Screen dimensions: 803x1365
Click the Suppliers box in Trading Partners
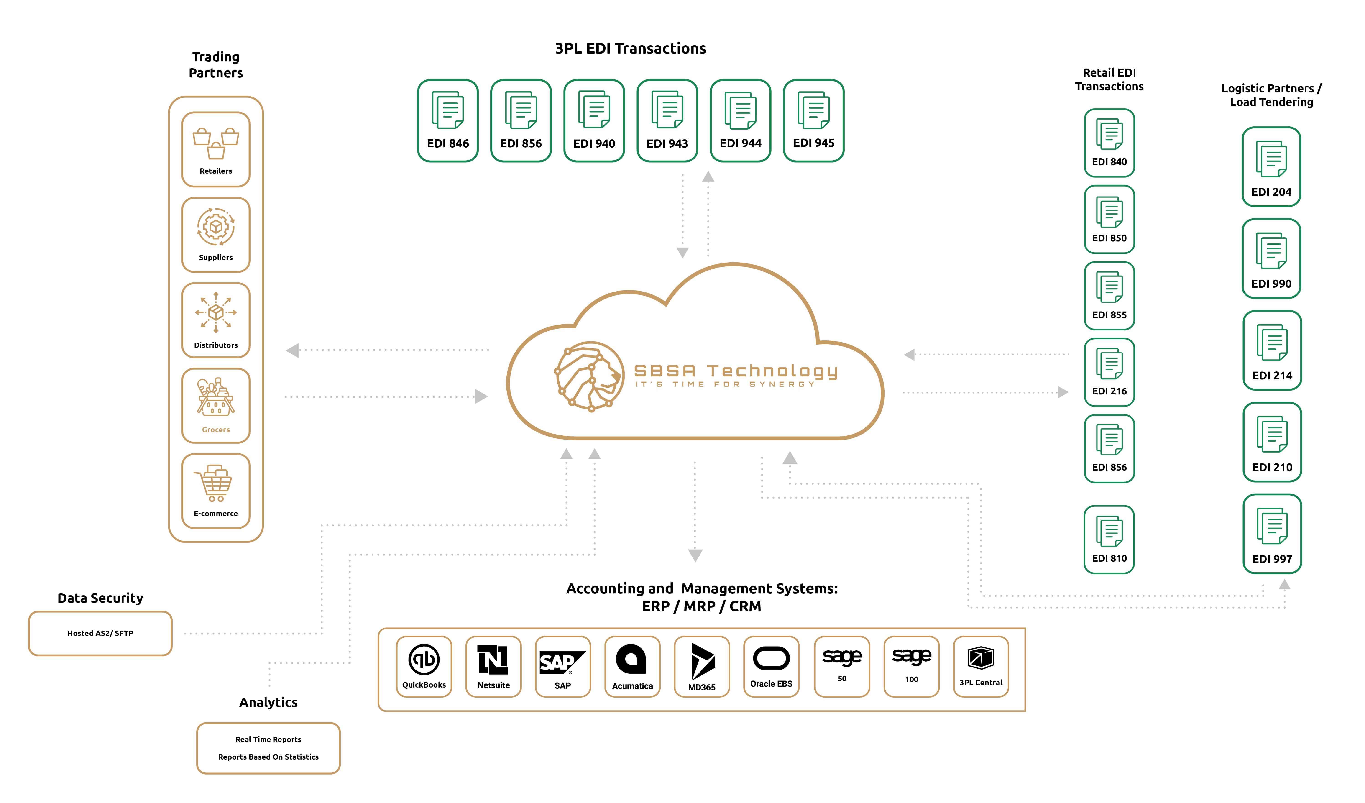coord(216,235)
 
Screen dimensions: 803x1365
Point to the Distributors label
coord(216,345)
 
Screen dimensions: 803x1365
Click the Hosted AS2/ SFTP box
coord(100,633)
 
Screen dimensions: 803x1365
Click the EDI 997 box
coord(1272,534)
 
